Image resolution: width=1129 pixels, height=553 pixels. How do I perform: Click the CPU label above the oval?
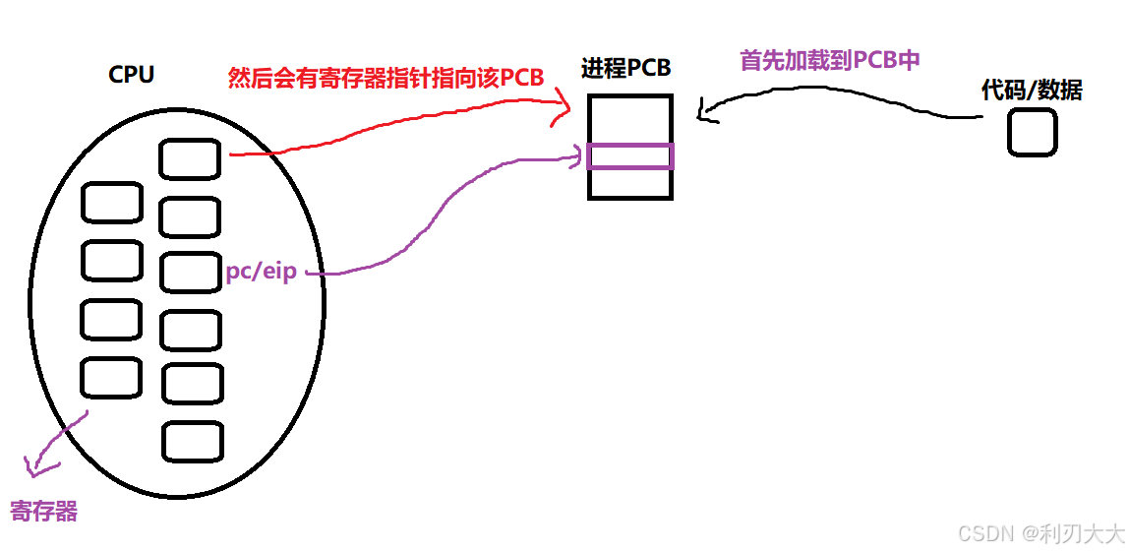[x=131, y=75]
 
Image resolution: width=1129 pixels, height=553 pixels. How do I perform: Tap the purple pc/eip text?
[x=262, y=273]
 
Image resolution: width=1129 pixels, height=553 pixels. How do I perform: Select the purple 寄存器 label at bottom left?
[x=44, y=511]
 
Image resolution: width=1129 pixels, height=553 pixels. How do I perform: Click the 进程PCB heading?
[x=626, y=69]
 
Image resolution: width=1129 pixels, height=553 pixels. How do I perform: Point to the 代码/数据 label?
[x=1032, y=91]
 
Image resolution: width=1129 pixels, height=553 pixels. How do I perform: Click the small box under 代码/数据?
[x=1032, y=132]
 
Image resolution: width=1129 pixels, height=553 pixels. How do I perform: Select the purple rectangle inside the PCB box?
[x=629, y=156]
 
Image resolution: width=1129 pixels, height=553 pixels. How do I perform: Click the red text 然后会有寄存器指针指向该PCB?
[x=386, y=78]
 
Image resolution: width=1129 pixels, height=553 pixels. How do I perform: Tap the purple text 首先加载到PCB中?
[x=829, y=60]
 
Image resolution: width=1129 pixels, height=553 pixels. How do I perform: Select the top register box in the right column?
[x=190, y=159]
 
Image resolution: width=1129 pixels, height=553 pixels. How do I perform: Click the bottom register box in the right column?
[x=192, y=441]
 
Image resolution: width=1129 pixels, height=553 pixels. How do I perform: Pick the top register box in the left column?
[x=111, y=203]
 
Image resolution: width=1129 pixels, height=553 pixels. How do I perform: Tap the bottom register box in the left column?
[x=110, y=376]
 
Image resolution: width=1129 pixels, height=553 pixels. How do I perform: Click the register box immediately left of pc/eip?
[x=190, y=273]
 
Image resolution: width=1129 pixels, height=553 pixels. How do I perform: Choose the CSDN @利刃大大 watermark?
[x=1040, y=533]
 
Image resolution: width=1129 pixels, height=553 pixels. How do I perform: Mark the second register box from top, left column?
[x=111, y=261]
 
